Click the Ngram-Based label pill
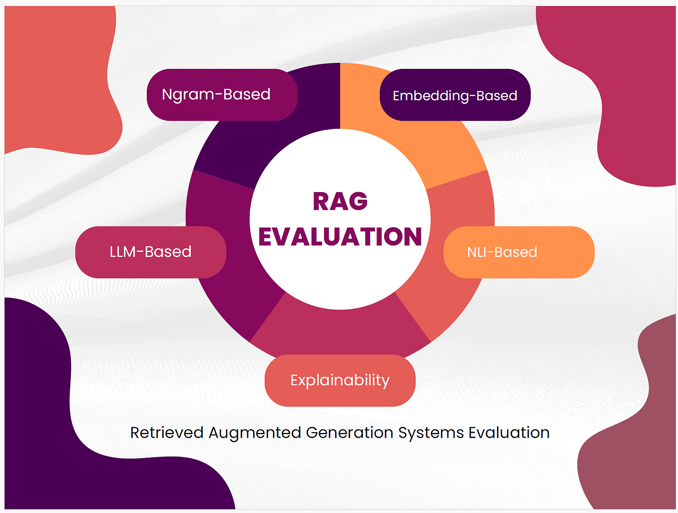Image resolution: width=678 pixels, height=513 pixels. (222, 95)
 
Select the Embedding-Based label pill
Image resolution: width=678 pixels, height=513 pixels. (455, 95)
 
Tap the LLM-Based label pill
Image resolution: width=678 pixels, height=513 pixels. (150, 252)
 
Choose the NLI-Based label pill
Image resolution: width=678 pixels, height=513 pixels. (519, 252)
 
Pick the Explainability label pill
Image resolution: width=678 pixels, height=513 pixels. (340, 380)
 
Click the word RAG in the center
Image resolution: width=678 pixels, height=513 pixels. (340, 202)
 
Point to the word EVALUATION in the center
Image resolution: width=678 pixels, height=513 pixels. (340, 237)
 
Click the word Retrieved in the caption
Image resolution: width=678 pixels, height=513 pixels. (167, 433)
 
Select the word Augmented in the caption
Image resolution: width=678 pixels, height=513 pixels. (255, 433)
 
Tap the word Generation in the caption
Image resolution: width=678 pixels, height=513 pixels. (349, 433)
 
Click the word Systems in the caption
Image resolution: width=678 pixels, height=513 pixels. (431, 433)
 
